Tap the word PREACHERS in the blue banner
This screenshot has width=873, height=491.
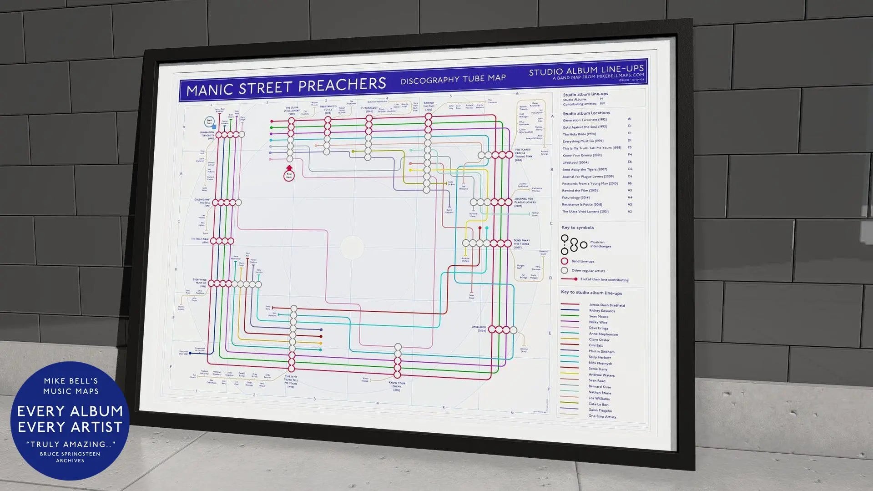pyautogui.click(x=343, y=84)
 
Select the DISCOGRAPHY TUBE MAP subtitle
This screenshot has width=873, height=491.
pyautogui.click(x=453, y=79)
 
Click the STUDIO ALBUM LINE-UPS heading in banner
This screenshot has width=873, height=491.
pyautogui.click(x=586, y=70)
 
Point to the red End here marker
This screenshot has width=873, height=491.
pyautogui.click(x=289, y=175)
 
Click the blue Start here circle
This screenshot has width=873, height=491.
pyautogui.click(x=209, y=122)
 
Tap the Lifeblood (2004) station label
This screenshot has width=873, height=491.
pyautogui.click(x=479, y=328)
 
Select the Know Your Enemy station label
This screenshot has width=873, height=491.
pyautogui.click(x=397, y=386)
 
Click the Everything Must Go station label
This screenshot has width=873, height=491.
pyautogui.click(x=200, y=283)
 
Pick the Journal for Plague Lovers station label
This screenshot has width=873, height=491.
pyautogui.click(x=524, y=202)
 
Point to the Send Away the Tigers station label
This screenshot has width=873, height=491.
pyautogui.click(x=522, y=243)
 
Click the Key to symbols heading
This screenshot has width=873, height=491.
pyautogui.click(x=577, y=228)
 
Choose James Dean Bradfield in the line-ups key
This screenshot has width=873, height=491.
pyautogui.click(x=606, y=305)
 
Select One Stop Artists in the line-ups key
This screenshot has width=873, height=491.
pyautogui.click(x=602, y=416)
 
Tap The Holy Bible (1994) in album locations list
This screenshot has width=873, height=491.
pyautogui.click(x=579, y=134)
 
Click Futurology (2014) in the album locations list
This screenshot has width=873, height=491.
pyautogui.click(x=575, y=197)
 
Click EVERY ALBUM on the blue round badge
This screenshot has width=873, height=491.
pyautogui.click(x=70, y=411)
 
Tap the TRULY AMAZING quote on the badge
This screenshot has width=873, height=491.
pyautogui.click(x=71, y=444)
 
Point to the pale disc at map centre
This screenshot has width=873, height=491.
pyautogui.click(x=352, y=248)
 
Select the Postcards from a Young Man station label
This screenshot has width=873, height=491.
pyautogui.click(x=523, y=155)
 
